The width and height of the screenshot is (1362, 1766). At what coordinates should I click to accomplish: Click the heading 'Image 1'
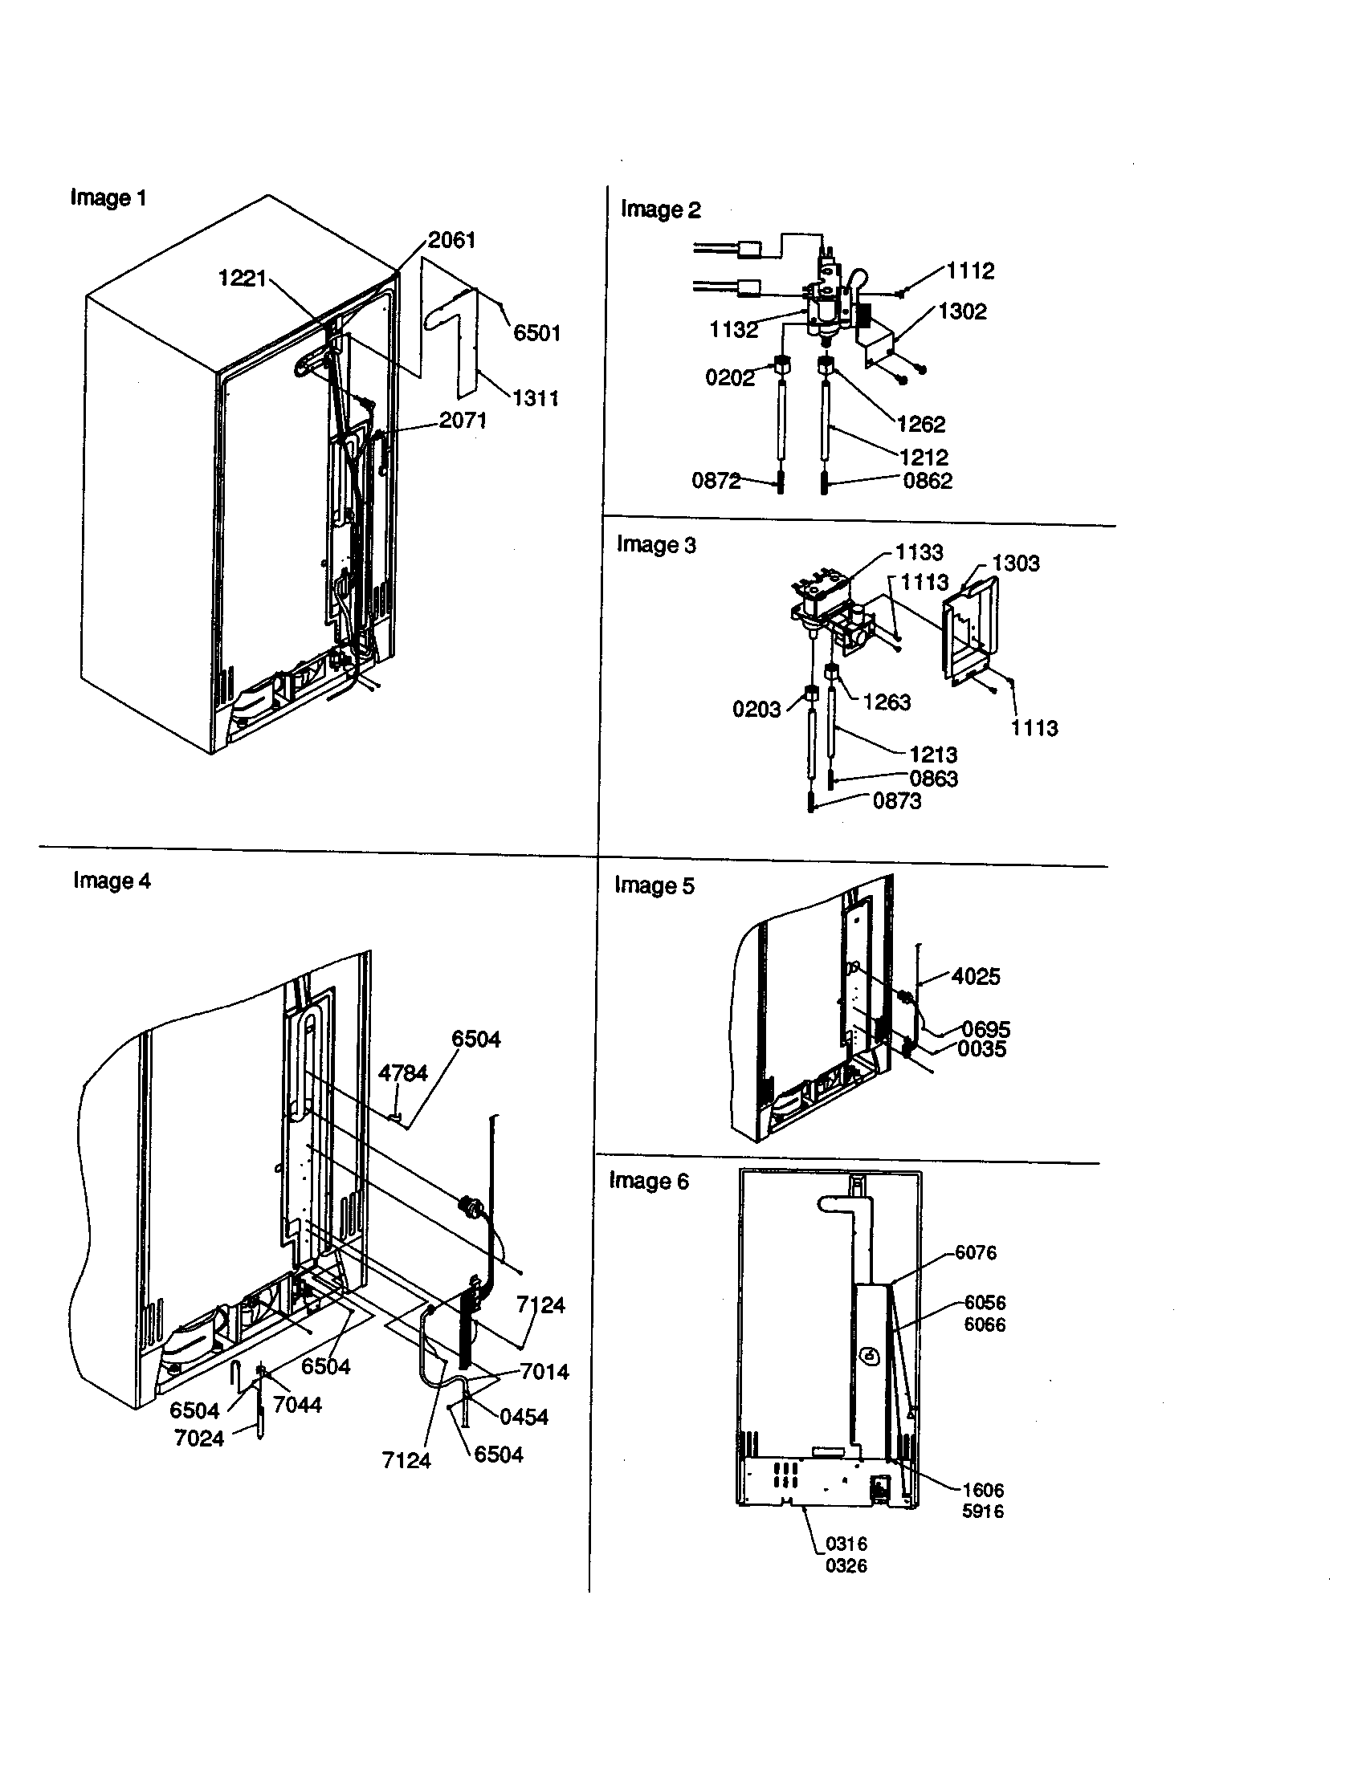[x=108, y=197]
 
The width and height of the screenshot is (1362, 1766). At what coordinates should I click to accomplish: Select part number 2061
[x=451, y=240]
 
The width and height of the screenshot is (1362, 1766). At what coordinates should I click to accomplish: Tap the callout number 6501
[x=537, y=332]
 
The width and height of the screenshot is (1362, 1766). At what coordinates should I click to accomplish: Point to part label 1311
[x=536, y=398]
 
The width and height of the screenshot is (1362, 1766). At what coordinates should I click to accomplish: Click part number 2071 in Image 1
[x=463, y=420]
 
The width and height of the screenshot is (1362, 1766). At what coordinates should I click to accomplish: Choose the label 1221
[x=243, y=279]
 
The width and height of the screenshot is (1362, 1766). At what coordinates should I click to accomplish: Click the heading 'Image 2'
[x=660, y=210]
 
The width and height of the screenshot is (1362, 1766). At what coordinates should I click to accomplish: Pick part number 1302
[x=962, y=311]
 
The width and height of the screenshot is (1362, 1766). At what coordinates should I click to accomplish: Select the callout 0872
[x=716, y=481]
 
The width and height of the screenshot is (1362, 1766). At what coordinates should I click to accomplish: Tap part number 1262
[x=921, y=425]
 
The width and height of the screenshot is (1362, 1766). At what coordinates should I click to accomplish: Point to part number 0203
[x=756, y=710]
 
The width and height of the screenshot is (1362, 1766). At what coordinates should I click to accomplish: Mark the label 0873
[x=896, y=801]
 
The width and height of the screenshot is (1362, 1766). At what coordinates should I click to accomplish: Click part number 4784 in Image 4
[x=403, y=1073]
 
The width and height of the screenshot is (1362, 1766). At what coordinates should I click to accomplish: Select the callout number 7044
[x=297, y=1405]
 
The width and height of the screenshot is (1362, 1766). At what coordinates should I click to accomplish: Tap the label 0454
[x=524, y=1416]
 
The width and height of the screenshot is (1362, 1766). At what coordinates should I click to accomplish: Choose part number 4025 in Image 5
[x=976, y=977]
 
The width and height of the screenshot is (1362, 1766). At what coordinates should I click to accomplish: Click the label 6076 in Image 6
[x=976, y=1252]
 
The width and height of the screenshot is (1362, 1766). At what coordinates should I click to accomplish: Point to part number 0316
[x=846, y=1544]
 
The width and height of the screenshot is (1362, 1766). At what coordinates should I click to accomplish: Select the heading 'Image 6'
[x=649, y=1182]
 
